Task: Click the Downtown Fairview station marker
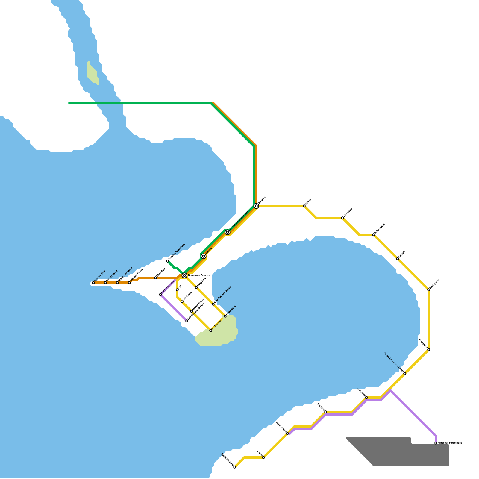click(x=184, y=275)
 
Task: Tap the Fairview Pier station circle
click(x=93, y=283)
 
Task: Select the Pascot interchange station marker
click(x=204, y=256)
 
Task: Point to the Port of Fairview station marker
click(x=160, y=295)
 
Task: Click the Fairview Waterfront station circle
click(x=168, y=261)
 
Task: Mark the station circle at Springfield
click(x=429, y=290)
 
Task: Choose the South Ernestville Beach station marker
click(x=405, y=374)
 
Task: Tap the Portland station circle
click(x=326, y=412)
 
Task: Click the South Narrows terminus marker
click(x=235, y=467)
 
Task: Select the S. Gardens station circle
click(x=211, y=331)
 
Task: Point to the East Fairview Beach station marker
click(x=213, y=304)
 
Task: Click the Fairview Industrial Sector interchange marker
click(x=228, y=232)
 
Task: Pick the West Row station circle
click(x=156, y=278)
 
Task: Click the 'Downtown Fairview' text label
click(x=199, y=275)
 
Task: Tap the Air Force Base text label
click(x=450, y=443)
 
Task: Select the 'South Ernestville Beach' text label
click(x=393, y=362)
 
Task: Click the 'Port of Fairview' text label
click(x=168, y=287)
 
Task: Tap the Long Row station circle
click(x=196, y=287)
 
